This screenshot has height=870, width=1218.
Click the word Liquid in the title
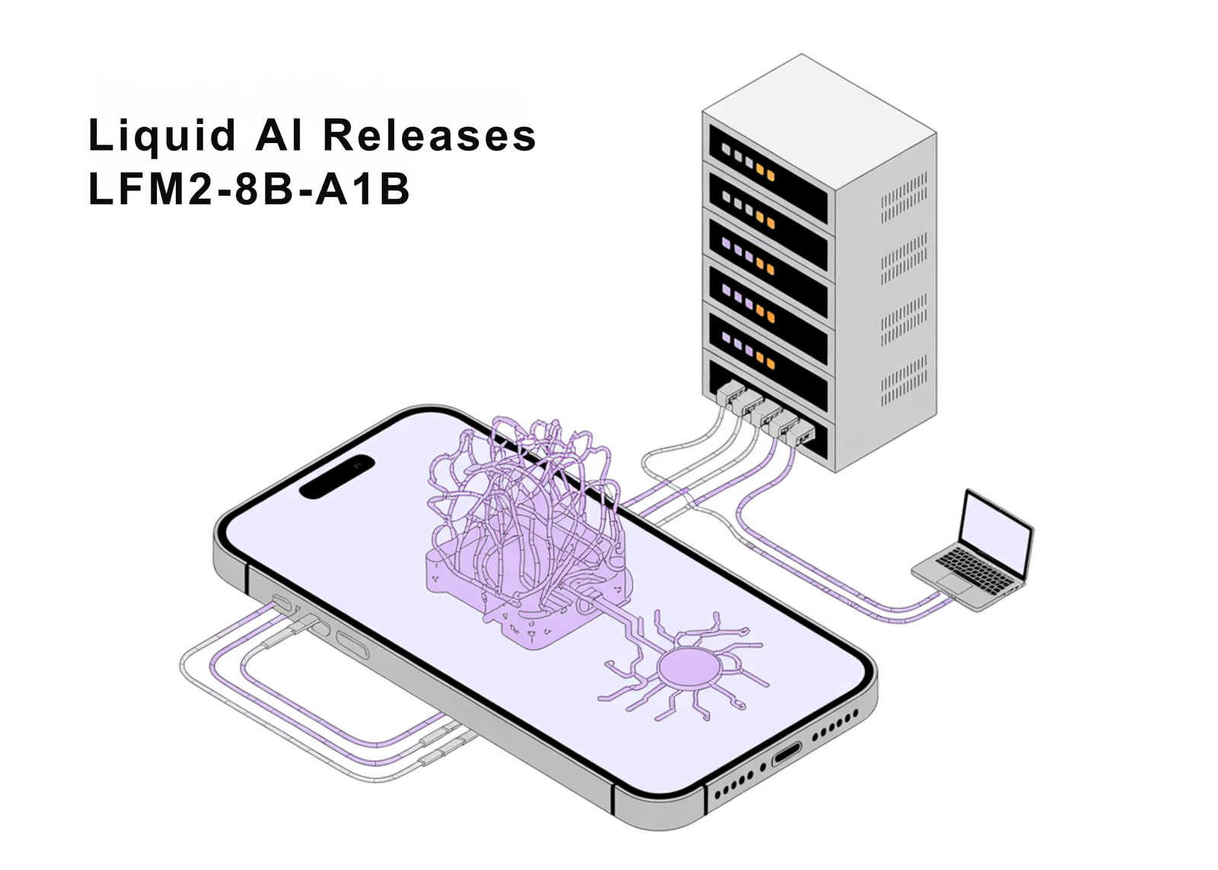161,135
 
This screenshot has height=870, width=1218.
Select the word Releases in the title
429,135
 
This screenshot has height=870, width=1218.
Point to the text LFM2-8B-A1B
249,189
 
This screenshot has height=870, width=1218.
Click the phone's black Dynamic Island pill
336,476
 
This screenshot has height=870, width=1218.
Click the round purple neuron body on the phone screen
688,668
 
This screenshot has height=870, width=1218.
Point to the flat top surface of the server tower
818,107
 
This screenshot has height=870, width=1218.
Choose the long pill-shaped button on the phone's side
352,643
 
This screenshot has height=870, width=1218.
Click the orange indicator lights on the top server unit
765,172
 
